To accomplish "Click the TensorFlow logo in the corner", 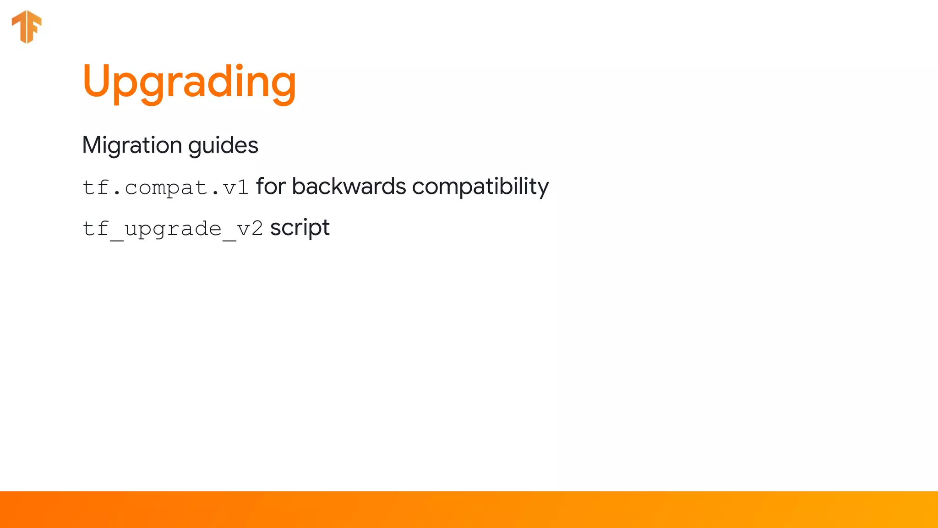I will coord(27,27).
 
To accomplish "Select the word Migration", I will coord(132,145).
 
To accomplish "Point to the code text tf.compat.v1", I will coord(165,187).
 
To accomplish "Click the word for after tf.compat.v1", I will coord(271,187).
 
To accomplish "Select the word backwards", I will coord(349,187).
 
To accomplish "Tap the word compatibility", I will coord(480,187).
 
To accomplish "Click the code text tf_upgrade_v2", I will coord(173,229).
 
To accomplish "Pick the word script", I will coord(300,228).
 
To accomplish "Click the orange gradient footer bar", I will coord(469,510).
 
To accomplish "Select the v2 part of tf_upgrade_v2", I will coord(250,229).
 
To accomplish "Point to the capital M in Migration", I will coord(93,145).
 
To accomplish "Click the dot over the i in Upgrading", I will coord(240,66).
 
